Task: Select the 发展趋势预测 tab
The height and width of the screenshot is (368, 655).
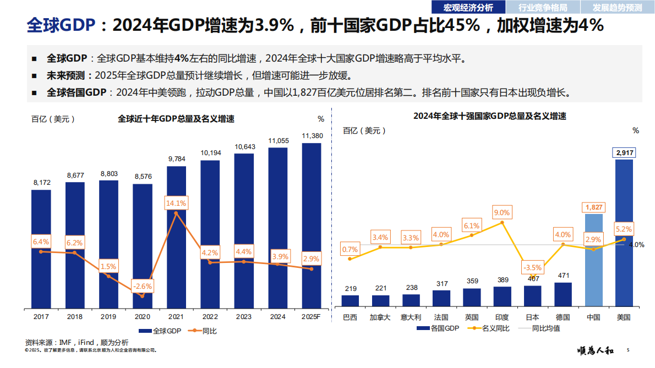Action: (617, 7)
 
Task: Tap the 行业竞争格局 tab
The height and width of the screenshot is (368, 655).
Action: (542, 7)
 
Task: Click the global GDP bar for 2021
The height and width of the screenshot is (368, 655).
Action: (176, 237)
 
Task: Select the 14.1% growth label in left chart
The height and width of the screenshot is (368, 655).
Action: (176, 203)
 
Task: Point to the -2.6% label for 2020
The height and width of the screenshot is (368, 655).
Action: (142, 286)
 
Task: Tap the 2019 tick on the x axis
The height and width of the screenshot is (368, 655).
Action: (108, 317)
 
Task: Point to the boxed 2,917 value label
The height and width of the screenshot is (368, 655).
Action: (624, 152)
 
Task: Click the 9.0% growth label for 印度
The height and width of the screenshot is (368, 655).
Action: (502, 212)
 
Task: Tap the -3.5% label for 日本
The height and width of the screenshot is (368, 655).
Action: (532, 268)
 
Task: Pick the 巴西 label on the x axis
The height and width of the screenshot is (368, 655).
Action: (350, 317)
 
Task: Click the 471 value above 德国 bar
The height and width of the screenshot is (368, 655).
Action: (563, 276)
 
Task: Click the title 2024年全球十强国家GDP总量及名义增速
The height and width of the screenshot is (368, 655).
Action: (490, 116)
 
